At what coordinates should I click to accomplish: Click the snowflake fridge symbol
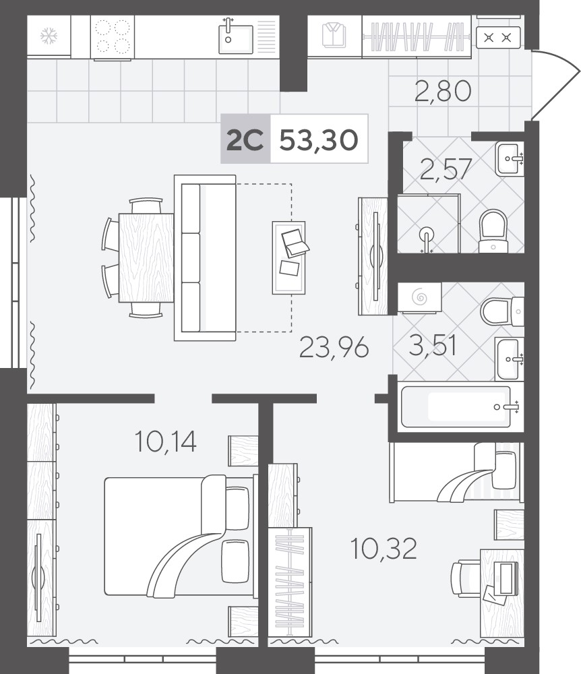coord(49,36)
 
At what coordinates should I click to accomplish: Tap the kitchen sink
coord(235,38)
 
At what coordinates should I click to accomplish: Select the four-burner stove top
coord(113,37)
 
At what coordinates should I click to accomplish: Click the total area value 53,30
coord(319,140)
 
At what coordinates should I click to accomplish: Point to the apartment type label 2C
coord(245,140)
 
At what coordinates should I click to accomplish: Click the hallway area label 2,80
coord(443,91)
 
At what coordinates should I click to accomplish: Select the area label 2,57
coord(446,169)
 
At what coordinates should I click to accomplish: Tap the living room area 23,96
coord(334,347)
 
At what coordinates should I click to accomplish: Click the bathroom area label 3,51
coord(432,345)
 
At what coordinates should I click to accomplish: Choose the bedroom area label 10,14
coord(165,441)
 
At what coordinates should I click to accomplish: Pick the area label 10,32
coord(384,549)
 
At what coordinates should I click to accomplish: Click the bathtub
coord(456,406)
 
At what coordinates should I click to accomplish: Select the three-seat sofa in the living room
coord(204,257)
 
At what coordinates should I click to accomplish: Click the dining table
coord(146,257)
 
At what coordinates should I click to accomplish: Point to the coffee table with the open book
coord(288,257)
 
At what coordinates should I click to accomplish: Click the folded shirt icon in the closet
coord(334,35)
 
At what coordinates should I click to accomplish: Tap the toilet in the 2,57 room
coord(493,231)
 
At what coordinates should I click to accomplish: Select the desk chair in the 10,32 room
coord(466,578)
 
